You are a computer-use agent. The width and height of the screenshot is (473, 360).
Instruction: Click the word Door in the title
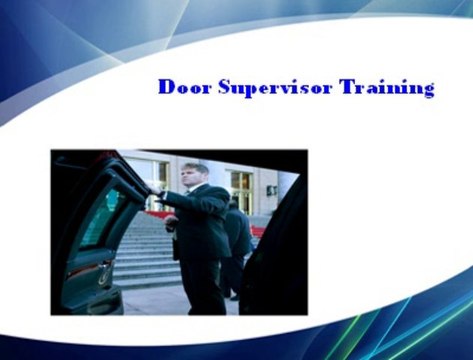[182, 87]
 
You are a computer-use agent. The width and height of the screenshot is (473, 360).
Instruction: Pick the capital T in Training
[347, 87]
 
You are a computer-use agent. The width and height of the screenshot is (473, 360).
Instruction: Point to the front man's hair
[196, 167]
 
